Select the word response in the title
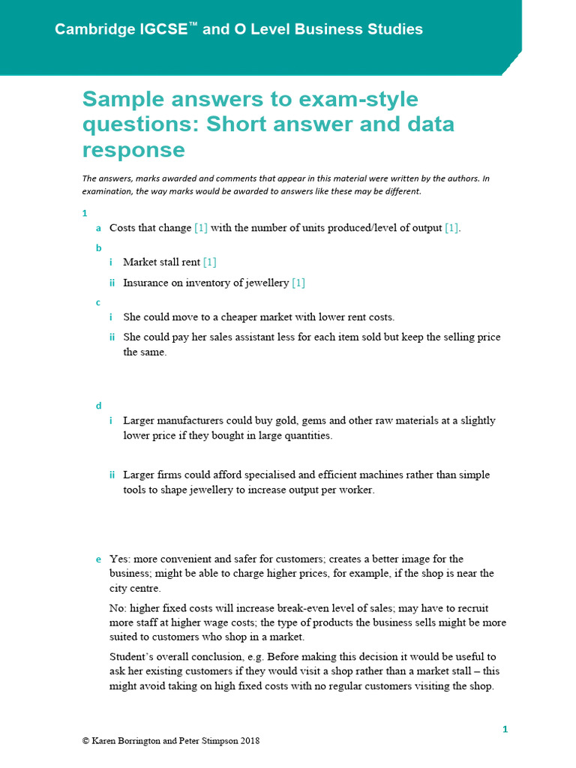pos(133,150)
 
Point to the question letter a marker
pos(98,228)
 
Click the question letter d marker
pos(98,406)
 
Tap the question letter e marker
pos(98,559)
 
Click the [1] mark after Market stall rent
pos(210,262)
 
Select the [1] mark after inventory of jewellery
pos(298,283)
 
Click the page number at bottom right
pos(505,729)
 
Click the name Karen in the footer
pos(106,740)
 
